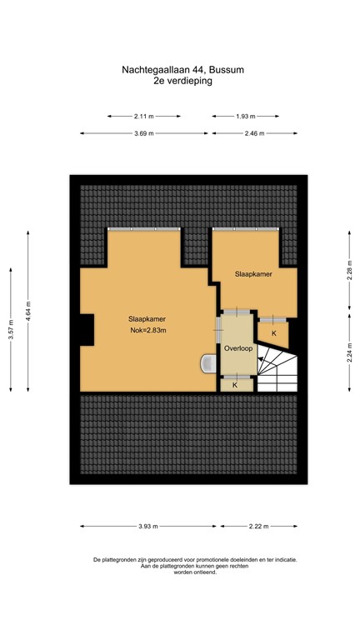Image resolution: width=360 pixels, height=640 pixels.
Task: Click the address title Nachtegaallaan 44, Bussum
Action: pos(181,72)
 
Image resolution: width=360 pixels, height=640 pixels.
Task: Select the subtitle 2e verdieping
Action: pos(181,82)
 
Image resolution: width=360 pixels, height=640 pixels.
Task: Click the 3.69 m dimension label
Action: pos(143,133)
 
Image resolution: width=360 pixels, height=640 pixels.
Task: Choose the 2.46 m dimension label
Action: pos(254,133)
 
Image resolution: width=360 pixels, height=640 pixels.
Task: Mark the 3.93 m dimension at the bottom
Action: pos(148,527)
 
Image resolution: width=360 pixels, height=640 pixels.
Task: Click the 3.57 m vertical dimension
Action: pos(11,329)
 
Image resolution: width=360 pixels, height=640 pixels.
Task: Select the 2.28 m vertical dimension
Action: pos(349,272)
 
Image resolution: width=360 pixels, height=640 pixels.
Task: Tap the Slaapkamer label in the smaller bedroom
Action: pos(251,273)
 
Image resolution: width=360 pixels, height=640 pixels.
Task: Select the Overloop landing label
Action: pos(237,348)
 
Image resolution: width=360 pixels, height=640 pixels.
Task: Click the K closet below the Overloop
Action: pos(235,385)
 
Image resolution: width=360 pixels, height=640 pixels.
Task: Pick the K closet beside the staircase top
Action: pos(273,333)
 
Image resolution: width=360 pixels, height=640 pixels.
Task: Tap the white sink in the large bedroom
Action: pos(208,364)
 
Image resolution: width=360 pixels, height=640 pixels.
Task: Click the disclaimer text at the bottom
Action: pos(182,566)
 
